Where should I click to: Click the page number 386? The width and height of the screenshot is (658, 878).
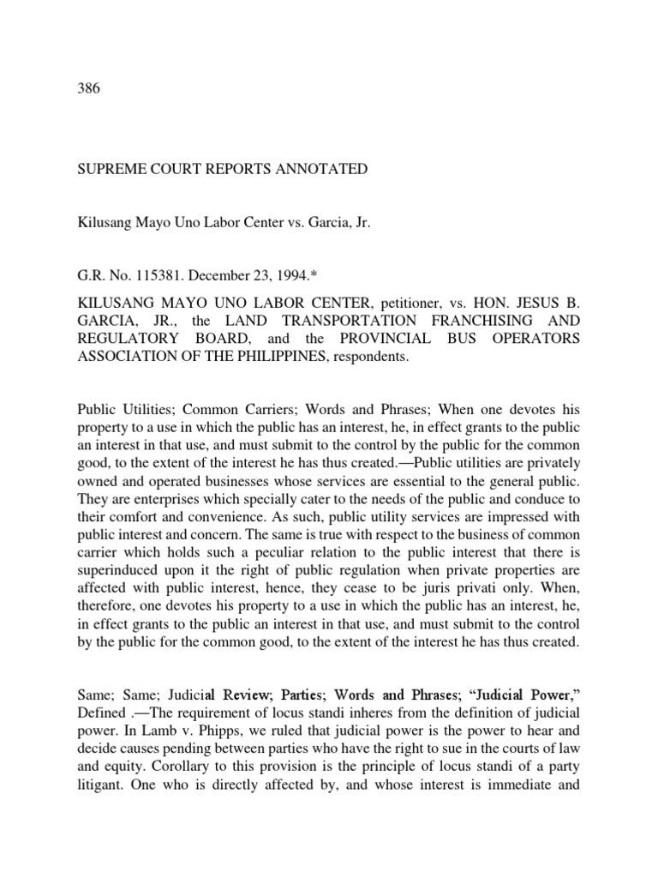(88, 90)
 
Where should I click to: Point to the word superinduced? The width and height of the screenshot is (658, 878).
(117, 559)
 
